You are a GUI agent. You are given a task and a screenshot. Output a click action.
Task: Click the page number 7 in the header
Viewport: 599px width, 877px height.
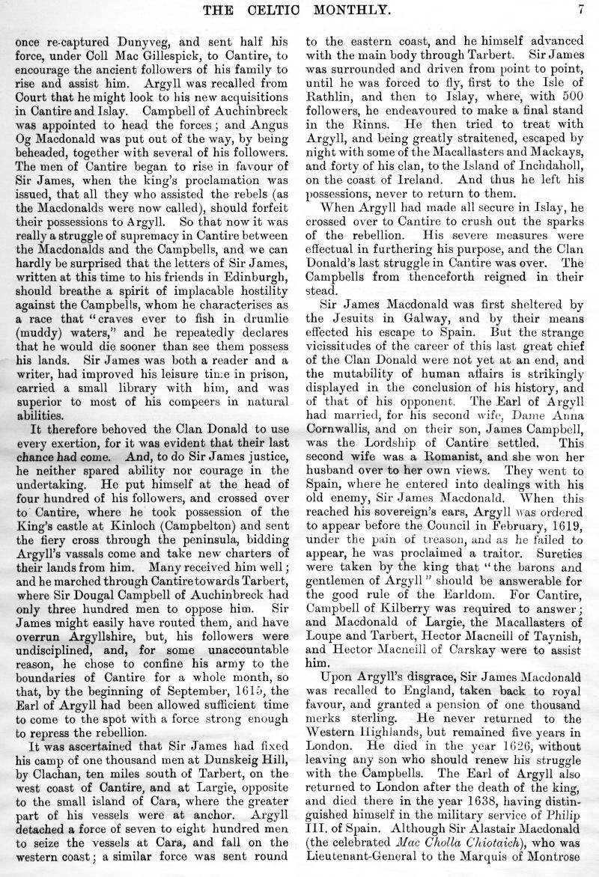click(x=580, y=10)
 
